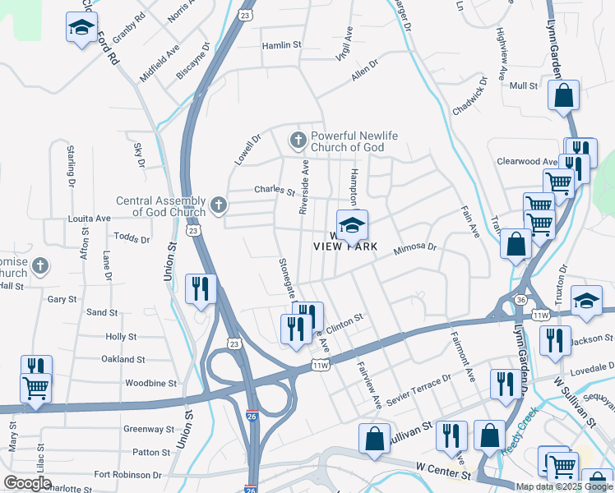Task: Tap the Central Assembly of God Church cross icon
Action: click(x=218, y=205)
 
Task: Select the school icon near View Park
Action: click(x=352, y=224)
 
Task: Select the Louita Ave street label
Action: click(x=90, y=219)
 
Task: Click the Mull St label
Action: click(x=523, y=85)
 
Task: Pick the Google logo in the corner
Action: click(x=27, y=484)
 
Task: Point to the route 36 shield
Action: click(x=520, y=300)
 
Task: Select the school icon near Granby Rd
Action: click(x=81, y=28)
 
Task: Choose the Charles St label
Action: click(x=274, y=191)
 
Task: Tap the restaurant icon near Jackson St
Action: click(x=555, y=339)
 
